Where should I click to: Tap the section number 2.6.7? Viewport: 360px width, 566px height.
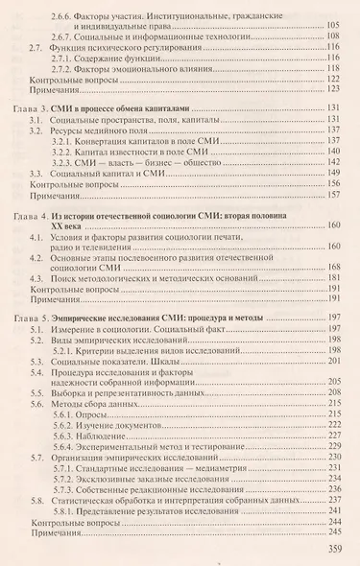pos(67,35)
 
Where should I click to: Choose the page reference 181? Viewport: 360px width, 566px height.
pos(332,276)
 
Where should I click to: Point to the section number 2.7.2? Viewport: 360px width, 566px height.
pos(67,69)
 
